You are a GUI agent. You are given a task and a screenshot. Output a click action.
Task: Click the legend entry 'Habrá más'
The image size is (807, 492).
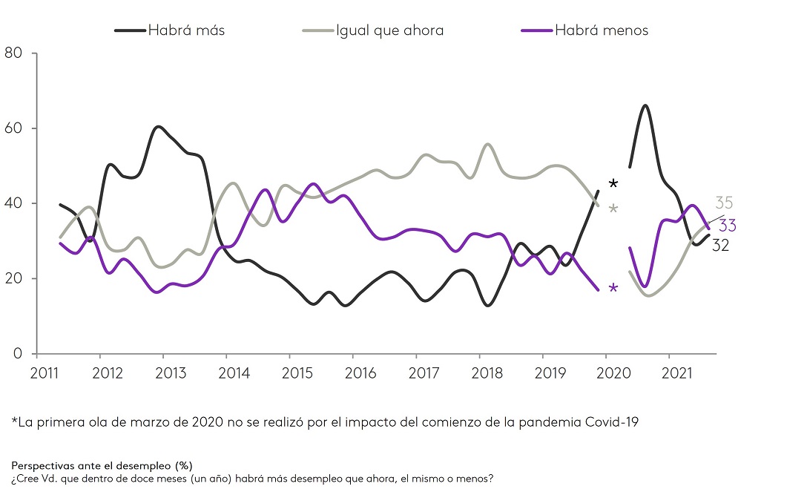click(x=186, y=30)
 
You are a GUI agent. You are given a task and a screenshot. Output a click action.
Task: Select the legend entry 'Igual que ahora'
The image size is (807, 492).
click(x=389, y=30)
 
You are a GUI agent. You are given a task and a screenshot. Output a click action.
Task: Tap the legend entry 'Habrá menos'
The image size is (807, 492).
click(x=601, y=30)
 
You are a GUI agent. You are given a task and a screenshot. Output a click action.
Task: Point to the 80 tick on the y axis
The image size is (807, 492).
click(x=14, y=53)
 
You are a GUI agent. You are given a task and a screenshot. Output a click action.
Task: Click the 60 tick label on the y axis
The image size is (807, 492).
click(x=14, y=128)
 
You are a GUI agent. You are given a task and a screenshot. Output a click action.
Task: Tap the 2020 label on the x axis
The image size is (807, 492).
click(x=608, y=372)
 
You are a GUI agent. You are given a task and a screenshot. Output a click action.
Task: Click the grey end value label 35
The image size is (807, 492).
click(x=725, y=203)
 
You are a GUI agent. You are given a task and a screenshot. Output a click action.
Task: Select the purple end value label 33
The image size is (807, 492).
click(x=727, y=226)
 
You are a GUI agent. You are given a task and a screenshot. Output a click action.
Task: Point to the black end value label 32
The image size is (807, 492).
click(x=720, y=246)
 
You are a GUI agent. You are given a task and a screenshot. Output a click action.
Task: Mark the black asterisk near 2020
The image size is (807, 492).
click(x=613, y=183)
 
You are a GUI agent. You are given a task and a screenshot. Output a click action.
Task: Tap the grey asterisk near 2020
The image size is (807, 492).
click(x=613, y=209)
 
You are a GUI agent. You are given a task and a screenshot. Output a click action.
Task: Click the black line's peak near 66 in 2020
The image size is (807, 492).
click(x=645, y=105)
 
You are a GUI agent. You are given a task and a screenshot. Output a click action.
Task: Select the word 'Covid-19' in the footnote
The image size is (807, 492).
click(x=611, y=422)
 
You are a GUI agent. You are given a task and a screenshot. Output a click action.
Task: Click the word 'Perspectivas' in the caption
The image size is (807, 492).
click(x=45, y=466)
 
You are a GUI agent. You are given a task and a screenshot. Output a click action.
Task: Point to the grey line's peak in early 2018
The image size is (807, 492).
click(x=487, y=144)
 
